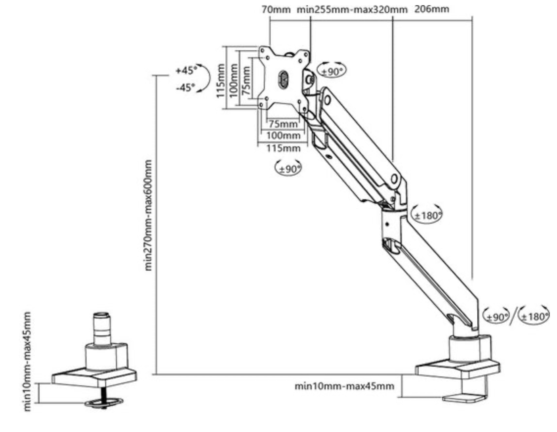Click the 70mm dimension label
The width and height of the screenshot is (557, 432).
click(276, 10)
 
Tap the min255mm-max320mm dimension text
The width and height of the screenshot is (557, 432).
click(352, 10)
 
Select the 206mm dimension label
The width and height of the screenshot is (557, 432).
click(432, 9)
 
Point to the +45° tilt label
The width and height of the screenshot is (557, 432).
click(186, 70)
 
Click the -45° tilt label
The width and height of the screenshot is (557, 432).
click(185, 88)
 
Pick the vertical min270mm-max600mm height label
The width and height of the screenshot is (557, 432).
click(149, 215)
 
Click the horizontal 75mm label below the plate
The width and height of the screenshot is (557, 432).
click(283, 124)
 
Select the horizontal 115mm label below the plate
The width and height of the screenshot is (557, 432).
click(283, 148)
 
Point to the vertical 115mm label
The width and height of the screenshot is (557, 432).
click(221, 80)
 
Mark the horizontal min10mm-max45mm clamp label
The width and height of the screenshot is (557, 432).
click(344, 386)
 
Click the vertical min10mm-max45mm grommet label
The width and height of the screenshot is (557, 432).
click(27, 361)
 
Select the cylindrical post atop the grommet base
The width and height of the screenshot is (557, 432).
click(102, 329)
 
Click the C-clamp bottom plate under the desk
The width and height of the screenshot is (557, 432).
click(464, 399)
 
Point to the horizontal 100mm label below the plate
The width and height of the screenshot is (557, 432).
click(283, 136)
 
